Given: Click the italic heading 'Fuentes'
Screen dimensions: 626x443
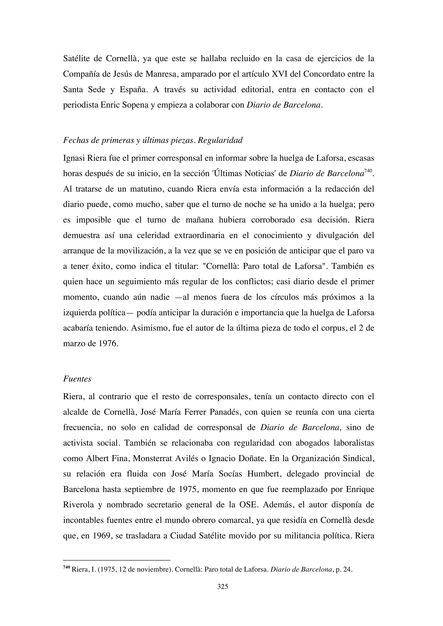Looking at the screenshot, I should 77,379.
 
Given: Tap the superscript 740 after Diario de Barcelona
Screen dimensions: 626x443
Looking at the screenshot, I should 368,171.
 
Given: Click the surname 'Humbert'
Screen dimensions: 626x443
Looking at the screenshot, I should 264,474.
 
